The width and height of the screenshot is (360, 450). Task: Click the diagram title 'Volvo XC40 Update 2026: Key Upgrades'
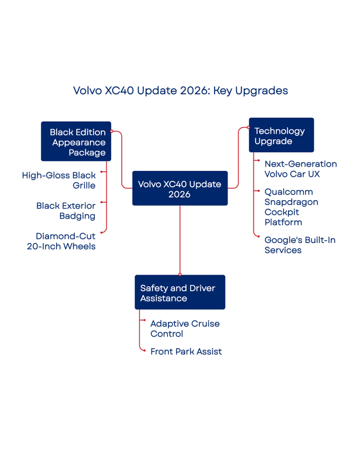[180, 90]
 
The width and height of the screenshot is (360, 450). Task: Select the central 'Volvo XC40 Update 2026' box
[180, 189]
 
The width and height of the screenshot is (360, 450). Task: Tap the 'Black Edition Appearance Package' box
[76, 141]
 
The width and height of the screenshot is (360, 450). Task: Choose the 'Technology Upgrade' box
[281, 135]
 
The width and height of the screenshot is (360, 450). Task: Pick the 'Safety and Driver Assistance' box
[180, 292]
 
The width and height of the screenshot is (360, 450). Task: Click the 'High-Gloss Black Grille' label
[59, 180]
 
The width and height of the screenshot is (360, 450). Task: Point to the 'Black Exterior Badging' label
[66, 211]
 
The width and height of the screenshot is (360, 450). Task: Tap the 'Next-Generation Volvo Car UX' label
[301, 169]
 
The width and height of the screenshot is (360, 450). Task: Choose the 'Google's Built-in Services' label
[301, 245]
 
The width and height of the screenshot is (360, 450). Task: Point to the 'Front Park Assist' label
[185, 351]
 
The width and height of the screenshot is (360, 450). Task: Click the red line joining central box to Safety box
[180, 241]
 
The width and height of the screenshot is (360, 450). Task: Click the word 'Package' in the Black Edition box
[87, 153]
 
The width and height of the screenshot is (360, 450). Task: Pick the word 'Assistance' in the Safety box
[163, 298]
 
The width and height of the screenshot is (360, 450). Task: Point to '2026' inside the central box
[180, 194]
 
